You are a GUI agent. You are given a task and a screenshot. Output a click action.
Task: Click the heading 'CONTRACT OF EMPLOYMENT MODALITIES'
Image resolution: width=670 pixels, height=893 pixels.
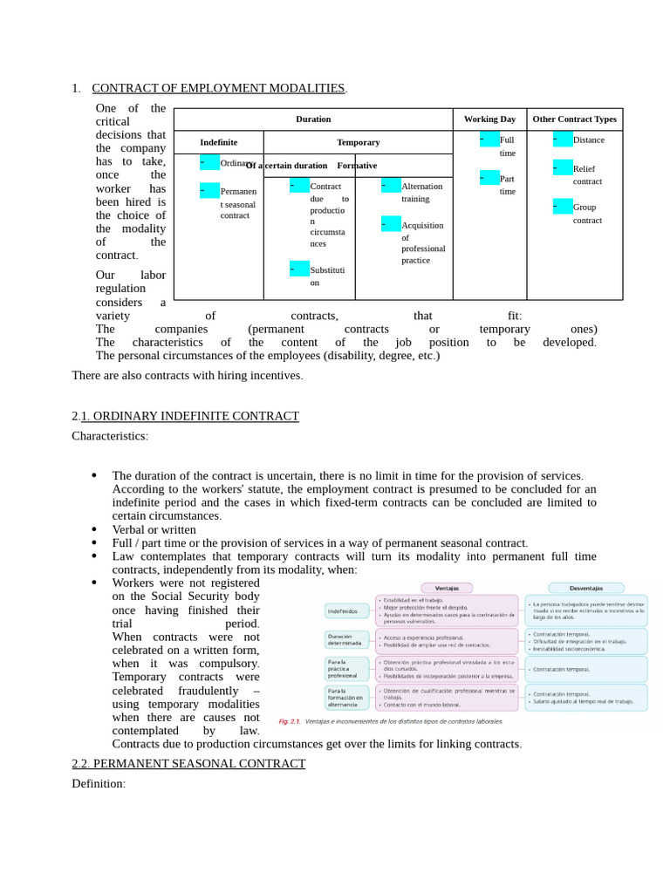tap(219, 88)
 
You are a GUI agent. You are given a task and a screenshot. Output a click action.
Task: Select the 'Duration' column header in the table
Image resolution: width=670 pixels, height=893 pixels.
tap(313, 119)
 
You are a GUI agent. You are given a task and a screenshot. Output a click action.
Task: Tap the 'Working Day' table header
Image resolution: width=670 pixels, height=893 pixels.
tap(489, 119)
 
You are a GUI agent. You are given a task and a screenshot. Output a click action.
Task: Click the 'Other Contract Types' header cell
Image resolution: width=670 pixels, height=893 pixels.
tap(574, 119)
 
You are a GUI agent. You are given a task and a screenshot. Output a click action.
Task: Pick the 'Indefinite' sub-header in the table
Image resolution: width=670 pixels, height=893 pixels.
tap(218, 142)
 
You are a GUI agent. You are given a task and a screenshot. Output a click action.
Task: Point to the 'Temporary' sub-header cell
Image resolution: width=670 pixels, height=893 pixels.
tap(358, 142)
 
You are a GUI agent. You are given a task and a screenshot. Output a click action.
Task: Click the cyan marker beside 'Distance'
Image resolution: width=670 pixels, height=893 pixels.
tap(563, 140)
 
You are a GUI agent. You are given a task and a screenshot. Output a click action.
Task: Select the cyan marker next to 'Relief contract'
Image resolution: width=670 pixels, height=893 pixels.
tap(563, 167)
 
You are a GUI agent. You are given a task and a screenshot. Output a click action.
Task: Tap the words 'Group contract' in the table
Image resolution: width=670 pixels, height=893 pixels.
tap(587, 214)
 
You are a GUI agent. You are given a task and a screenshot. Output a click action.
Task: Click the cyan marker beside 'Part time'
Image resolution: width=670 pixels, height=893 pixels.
tap(489, 178)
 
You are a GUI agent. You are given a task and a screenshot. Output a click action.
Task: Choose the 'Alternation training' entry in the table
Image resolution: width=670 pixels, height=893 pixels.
tap(421, 192)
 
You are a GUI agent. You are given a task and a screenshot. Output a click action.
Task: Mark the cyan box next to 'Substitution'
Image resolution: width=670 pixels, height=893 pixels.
tap(299, 269)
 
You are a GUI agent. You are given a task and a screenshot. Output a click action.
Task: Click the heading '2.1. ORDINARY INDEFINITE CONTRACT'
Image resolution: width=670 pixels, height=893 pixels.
tap(185, 416)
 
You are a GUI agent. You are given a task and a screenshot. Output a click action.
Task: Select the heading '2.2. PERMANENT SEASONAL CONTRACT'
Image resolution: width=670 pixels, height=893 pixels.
tap(188, 763)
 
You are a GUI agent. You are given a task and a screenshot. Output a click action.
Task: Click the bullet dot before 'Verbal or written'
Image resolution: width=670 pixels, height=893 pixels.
tap(94, 529)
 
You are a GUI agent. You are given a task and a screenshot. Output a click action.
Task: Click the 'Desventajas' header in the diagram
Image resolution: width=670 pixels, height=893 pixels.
tap(585, 587)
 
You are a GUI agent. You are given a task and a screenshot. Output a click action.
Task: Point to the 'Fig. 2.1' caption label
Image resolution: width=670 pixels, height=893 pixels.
tap(289, 721)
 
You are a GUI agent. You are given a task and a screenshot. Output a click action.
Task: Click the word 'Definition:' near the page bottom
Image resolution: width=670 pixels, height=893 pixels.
tap(99, 783)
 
